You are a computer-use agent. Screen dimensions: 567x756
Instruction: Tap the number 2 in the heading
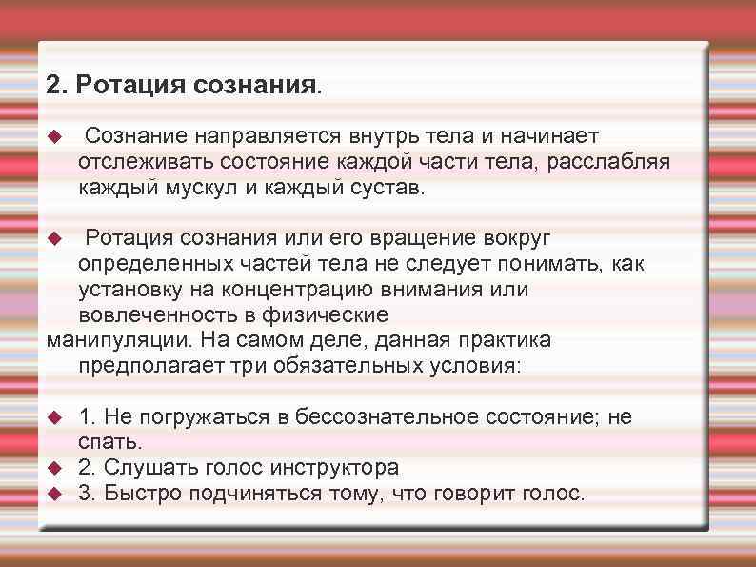click(x=53, y=86)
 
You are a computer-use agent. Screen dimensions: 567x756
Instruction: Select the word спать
click(x=109, y=442)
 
